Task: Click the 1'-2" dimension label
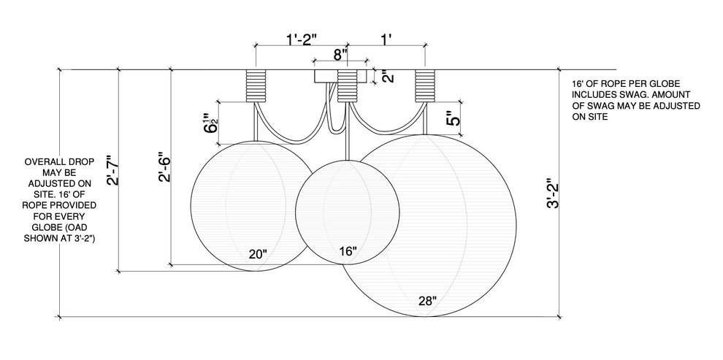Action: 302,39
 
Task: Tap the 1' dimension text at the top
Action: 386,39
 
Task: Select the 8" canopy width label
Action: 340,55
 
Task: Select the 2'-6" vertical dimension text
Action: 164,167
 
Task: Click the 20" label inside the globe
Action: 258,254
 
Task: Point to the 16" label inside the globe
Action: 348,251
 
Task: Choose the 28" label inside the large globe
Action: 427,302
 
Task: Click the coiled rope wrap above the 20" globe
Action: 256,85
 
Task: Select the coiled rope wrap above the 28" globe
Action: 425,85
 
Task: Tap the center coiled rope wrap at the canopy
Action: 347,85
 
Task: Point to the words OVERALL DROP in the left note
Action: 59,162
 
